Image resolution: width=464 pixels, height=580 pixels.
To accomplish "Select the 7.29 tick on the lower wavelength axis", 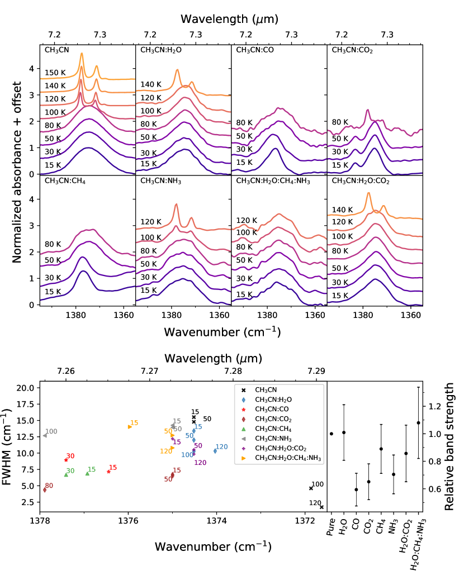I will click(316, 370).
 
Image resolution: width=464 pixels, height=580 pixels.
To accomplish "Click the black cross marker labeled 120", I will click(321, 507).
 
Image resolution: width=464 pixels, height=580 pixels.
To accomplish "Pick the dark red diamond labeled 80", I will click(45, 489).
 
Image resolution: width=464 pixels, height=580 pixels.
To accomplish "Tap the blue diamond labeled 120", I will click(215, 451).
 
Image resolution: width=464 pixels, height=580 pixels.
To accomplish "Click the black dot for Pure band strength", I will click(332, 434).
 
